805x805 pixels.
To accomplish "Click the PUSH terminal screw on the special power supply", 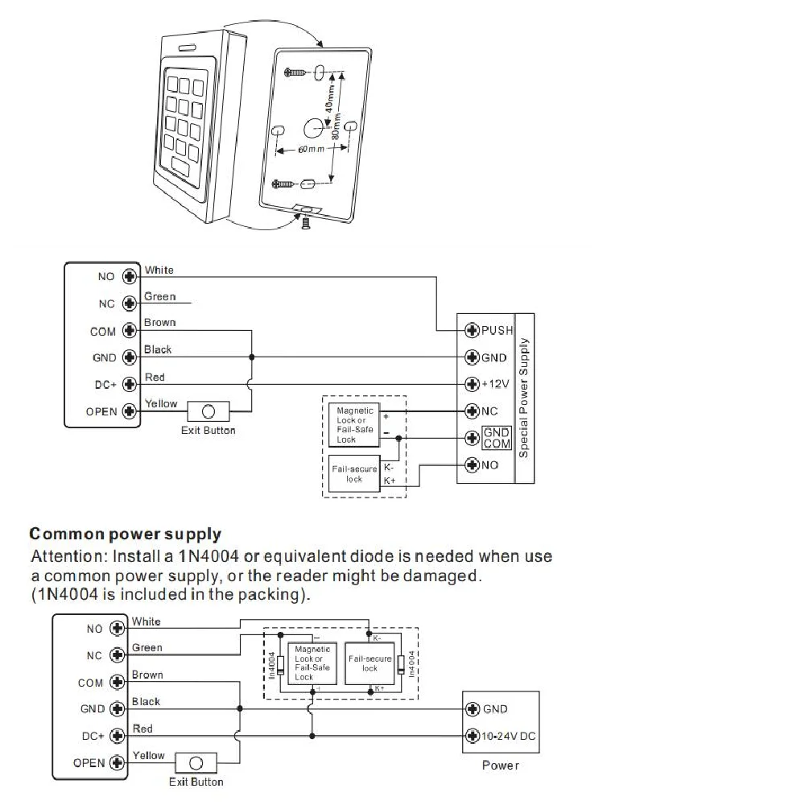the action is point(472,330).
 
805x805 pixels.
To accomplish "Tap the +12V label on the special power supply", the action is point(495,384).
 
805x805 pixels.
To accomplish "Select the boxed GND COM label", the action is point(497,438).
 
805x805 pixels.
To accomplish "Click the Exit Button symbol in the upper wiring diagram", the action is point(208,411).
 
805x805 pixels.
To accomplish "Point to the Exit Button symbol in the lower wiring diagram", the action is point(196,763).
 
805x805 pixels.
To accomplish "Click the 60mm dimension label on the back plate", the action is point(311,150).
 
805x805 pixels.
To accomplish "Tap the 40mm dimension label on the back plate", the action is point(329,98).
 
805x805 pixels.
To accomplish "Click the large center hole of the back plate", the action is point(313,128).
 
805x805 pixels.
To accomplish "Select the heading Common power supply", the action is point(126,534).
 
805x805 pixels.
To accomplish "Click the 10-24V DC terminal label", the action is point(508,737).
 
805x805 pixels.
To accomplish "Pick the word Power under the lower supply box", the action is point(501,766).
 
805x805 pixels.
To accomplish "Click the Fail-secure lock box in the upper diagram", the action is point(354,473).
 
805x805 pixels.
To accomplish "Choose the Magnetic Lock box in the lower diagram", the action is point(312,663).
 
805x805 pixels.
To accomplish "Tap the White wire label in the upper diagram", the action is point(159,270).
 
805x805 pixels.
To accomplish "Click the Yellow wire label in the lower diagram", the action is point(149,755).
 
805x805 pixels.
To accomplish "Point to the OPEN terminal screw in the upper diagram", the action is point(130,411).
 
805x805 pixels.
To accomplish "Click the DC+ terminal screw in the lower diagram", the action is point(117,736).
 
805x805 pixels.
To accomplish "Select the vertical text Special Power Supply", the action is point(524,398).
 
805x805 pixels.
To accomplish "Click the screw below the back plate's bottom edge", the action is point(306,223).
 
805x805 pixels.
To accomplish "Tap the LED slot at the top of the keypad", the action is point(188,48).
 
